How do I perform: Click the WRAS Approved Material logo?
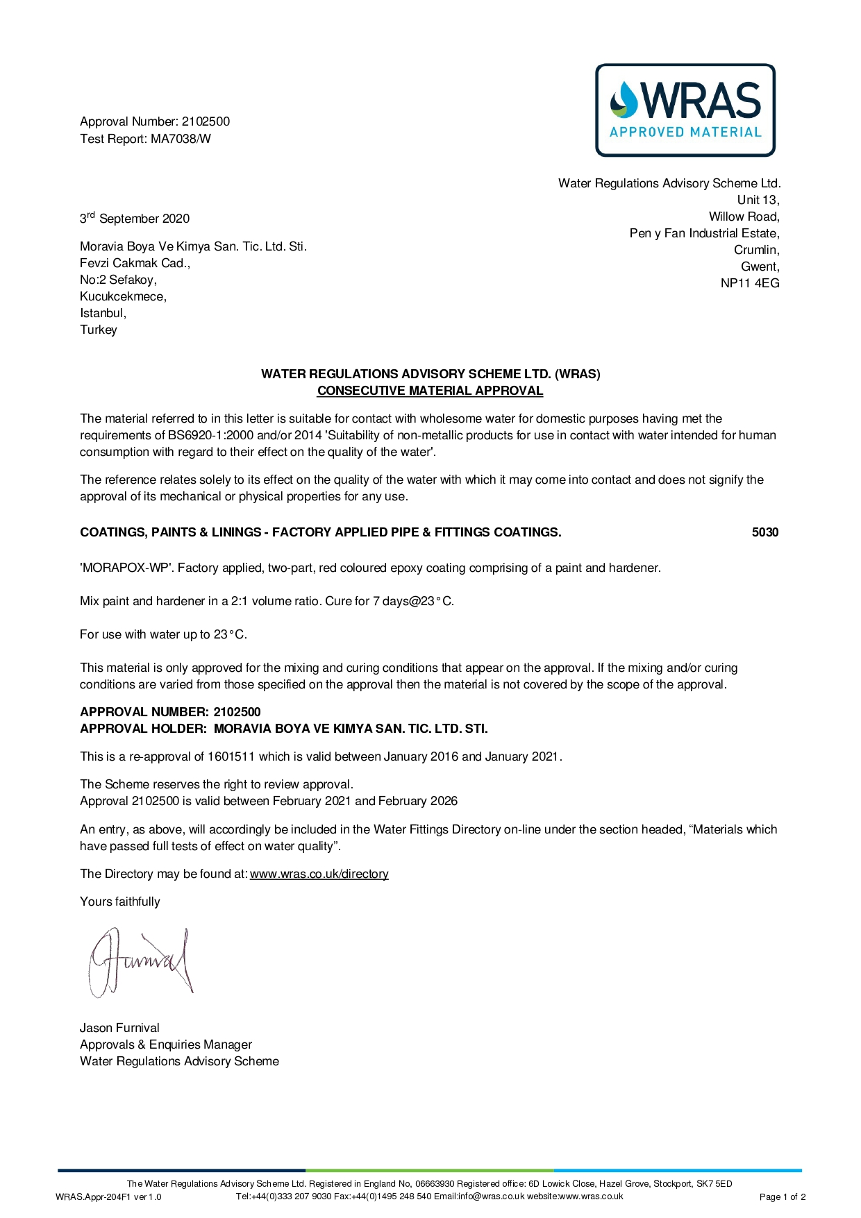coord(685,110)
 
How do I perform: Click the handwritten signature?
coord(140,962)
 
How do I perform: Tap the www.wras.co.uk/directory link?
coord(319,874)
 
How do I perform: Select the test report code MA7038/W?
coord(181,139)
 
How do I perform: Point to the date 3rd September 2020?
coord(135,219)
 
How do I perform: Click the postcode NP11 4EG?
coord(750,283)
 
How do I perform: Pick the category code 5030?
coord(764,532)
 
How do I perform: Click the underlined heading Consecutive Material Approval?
coord(430,391)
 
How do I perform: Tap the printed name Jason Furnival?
coord(119,1028)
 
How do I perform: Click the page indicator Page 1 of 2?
coord(783,1196)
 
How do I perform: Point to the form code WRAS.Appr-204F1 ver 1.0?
coord(108,1196)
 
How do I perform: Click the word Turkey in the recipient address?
coord(99,330)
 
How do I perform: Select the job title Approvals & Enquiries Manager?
coord(166,1044)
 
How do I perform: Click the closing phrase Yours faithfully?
coord(120,902)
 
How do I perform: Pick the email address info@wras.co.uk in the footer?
coord(491,1196)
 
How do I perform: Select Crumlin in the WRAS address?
coord(756,250)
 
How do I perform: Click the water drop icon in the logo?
coord(623,99)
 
